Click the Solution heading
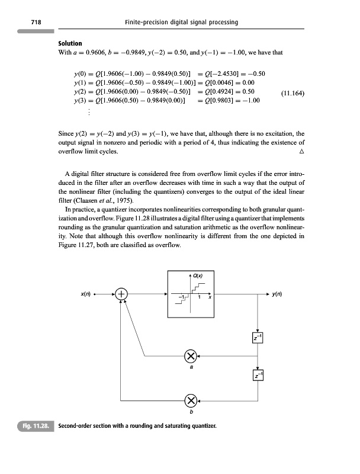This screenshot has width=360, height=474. [x=70, y=44]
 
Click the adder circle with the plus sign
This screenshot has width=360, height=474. [x=121, y=293]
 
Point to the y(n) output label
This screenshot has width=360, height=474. [x=278, y=293]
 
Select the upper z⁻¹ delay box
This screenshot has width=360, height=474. [x=258, y=337]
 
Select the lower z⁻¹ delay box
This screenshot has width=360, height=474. [x=258, y=376]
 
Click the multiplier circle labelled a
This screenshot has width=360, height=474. [x=191, y=356]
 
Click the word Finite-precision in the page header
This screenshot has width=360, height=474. [x=147, y=22]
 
